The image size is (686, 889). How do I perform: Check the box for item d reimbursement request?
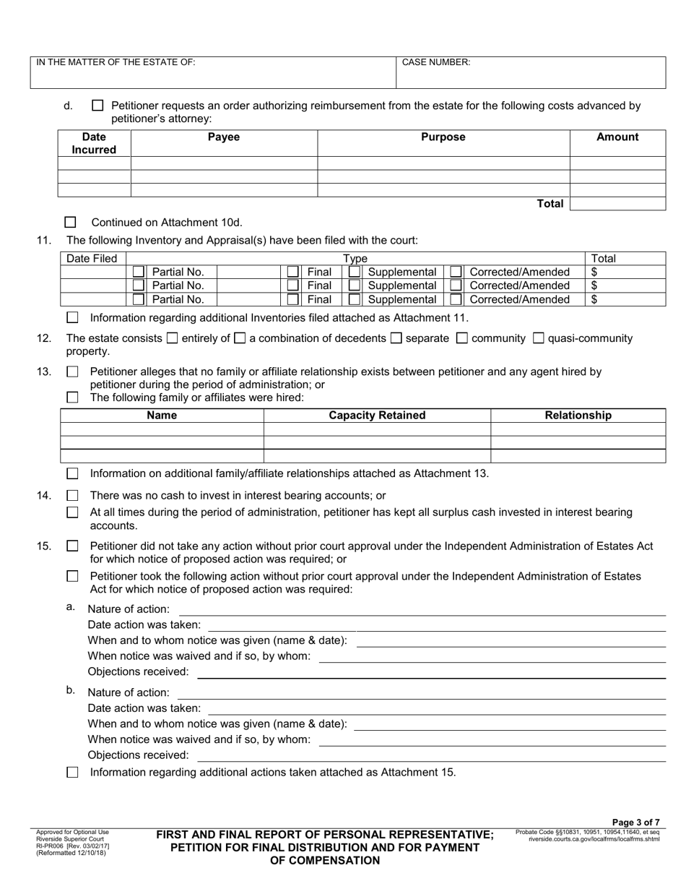click(97, 106)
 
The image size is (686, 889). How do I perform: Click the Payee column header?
click(224, 137)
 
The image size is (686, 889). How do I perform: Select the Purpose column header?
click(443, 137)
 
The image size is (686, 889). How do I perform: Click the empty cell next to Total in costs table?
click(617, 204)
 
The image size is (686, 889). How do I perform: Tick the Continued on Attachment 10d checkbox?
click(71, 223)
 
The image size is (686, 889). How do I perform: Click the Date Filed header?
click(92, 258)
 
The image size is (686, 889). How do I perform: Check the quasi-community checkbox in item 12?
click(538, 338)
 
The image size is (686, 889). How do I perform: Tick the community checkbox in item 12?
click(463, 338)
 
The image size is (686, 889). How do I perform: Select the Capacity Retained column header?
click(377, 415)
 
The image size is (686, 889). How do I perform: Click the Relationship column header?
click(578, 415)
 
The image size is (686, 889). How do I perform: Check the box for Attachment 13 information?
click(72, 473)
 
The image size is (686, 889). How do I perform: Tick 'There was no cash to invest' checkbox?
click(72, 496)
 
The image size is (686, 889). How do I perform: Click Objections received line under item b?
click(430, 755)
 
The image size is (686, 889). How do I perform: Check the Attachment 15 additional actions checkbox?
click(72, 772)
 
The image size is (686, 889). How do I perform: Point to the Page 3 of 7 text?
click(635, 823)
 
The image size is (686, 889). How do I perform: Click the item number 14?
click(44, 496)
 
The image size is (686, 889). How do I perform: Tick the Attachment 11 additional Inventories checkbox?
click(72, 317)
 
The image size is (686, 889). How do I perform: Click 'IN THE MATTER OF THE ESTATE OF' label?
click(116, 63)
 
